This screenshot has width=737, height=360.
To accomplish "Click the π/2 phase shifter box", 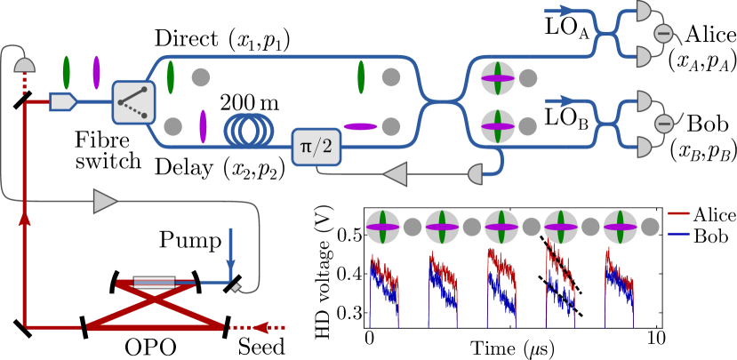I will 316,147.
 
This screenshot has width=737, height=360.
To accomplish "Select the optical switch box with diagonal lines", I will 133,102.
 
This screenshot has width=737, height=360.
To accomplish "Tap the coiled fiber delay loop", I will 249,130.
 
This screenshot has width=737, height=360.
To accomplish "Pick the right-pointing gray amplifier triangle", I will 105,201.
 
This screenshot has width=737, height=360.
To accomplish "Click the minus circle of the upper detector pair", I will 663,35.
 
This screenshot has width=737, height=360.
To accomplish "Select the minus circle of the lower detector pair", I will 663,124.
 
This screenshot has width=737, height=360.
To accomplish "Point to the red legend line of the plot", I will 678,213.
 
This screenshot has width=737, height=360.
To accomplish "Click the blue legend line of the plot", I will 678,235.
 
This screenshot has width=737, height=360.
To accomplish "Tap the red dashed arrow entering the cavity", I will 266,327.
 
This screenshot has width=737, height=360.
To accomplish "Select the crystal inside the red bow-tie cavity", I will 155,283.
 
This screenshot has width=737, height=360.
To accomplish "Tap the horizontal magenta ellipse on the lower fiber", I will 360,126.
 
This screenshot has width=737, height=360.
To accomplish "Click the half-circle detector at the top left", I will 25,65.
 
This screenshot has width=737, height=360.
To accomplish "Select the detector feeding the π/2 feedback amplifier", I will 476,174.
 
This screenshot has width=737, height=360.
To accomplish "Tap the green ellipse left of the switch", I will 67,73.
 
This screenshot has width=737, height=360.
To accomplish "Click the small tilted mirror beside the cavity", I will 236,287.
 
